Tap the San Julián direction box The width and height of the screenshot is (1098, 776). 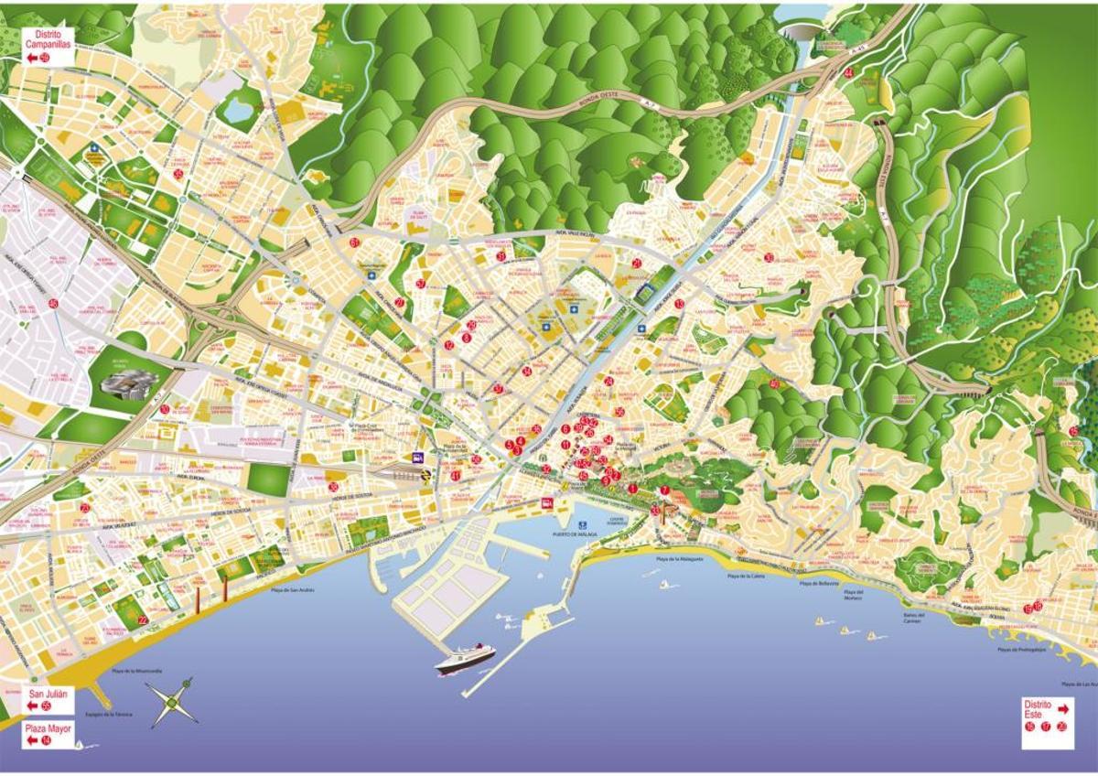pyautogui.click(x=48, y=701)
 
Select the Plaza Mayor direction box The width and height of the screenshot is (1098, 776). pyautogui.click(x=48, y=735)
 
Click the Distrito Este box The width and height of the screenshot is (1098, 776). pyautogui.click(x=1047, y=717)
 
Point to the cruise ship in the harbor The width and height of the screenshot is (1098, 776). pyautogui.click(x=465, y=658)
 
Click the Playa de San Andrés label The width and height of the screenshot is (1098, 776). pyautogui.click(x=293, y=590)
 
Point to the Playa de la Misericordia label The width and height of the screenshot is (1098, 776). pyautogui.click(x=137, y=671)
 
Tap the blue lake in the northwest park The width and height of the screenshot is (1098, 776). pyautogui.click(x=239, y=111)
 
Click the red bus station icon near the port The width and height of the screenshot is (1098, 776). pyautogui.click(x=547, y=501)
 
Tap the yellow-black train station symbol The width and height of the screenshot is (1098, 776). pyautogui.click(x=426, y=475)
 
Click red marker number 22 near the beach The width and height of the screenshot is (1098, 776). pyautogui.click(x=142, y=620)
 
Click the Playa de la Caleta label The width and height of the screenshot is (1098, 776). pyautogui.click(x=747, y=577)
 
